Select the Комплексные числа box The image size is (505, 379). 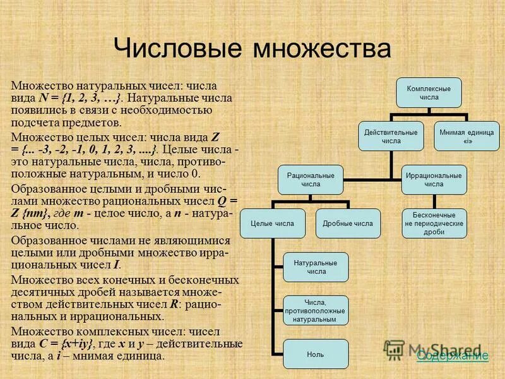(x=428, y=93)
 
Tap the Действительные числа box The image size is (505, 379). (x=391, y=137)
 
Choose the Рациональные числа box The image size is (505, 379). (x=311, y=179)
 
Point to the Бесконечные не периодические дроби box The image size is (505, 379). (x=434, y=224)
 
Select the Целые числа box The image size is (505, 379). (x=272, y=223)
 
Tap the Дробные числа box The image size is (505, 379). (x=347, y=223)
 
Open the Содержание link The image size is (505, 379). (x=452, y=356)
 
